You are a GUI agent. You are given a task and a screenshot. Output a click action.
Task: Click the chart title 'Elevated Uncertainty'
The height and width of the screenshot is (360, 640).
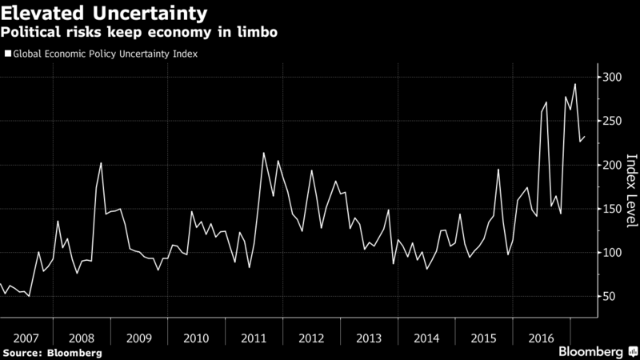108,14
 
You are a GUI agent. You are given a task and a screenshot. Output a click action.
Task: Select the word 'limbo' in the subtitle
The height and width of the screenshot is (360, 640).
258,34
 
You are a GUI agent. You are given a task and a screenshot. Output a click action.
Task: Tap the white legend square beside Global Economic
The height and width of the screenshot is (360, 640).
9,54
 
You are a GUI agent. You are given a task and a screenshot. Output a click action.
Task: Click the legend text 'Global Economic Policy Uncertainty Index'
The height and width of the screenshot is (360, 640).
105,54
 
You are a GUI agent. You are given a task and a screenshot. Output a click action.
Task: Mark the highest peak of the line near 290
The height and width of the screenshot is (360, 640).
574,84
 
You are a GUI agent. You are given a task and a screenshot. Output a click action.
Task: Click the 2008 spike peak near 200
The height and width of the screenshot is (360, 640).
102,163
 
